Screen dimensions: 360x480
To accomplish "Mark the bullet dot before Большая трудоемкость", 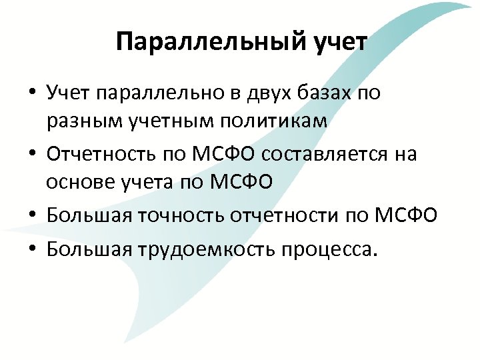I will pos(32,249).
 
